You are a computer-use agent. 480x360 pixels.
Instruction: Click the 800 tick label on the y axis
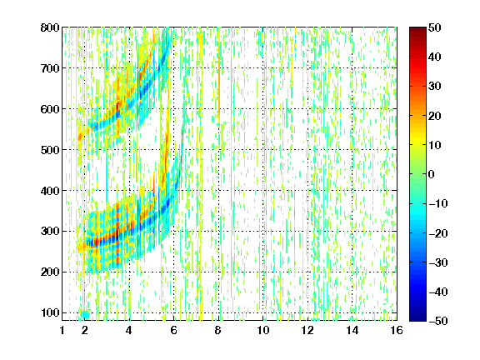(50, 27)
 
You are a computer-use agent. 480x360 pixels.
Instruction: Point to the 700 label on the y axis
(50, 68)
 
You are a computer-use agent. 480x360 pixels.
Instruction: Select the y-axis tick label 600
(50, 109)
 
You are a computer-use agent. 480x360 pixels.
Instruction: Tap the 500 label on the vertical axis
(50, 150)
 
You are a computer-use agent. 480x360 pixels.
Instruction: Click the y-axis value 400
(50, 191)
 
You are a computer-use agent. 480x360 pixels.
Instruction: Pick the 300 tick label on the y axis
(50, 231)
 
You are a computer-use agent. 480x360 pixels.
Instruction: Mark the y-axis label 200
(50, 272)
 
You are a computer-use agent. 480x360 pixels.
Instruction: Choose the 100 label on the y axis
(50, 312)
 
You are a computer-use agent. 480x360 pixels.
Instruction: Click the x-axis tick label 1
(62, 330)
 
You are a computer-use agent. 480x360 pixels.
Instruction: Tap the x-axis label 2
(85, 330)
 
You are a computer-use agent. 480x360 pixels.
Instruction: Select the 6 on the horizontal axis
(174, 330)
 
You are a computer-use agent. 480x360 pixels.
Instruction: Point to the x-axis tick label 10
(263, 330)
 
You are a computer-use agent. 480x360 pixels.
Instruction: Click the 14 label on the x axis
(352, 330)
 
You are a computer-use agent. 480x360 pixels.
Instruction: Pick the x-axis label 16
(397, 330)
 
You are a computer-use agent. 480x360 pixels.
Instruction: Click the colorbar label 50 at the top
(435, 27)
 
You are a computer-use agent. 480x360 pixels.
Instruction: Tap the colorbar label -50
(438, 321)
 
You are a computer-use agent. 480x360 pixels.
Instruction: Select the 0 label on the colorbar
(432, 174)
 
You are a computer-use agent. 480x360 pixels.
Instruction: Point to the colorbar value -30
(438, 262)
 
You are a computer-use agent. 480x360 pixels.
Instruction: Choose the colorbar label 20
(435, 116)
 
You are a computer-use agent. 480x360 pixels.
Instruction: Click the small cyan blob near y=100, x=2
(84, 314)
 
